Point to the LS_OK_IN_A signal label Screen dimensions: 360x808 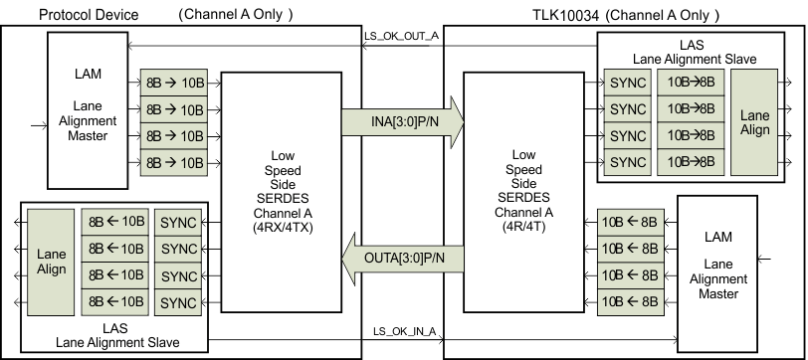404,331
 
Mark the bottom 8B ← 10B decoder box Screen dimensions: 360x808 115,301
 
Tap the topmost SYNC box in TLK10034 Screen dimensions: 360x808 627,83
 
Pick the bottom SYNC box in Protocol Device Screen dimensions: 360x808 179,301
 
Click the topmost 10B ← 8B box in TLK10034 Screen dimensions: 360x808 627,222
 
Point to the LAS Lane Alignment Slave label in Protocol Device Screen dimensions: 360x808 115,334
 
